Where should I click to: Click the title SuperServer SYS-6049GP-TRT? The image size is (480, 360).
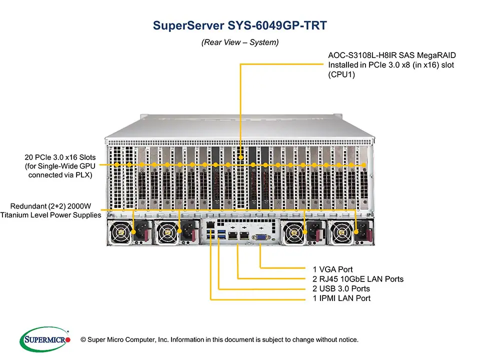pyautogui.click(x=239, y=26)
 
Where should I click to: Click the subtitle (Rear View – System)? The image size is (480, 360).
pyautogui.click(x=239, y=42)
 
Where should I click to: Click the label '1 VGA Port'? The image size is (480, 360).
pyautogui.click(x=332, y=269)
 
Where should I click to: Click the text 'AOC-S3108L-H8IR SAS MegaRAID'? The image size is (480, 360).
pyautogui.click(x=392, y=55)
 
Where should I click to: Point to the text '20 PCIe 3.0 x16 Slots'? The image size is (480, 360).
pyautogui.click(x=60, y=157)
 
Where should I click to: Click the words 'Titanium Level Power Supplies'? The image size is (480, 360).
pyautogui.click(x=50, y=215)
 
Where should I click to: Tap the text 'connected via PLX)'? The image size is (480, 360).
pyautogui.click(x=60, y=175)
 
